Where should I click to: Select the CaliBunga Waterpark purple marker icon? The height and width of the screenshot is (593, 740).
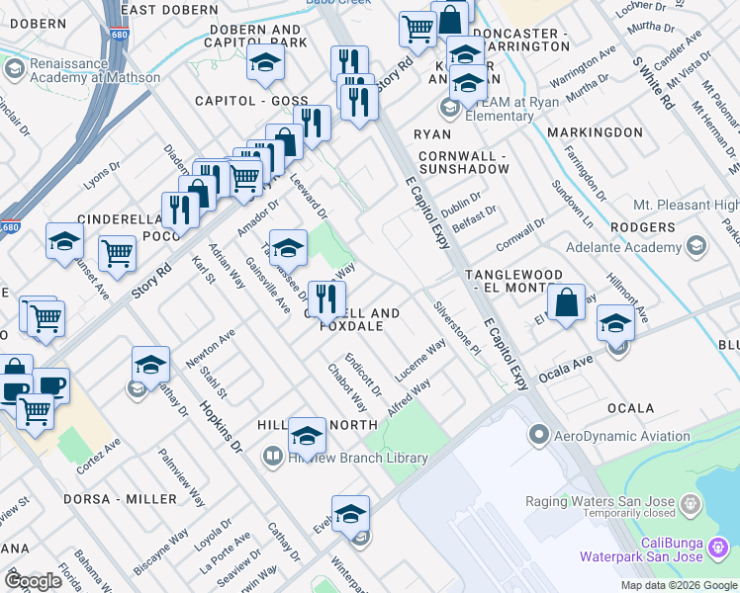[722, 545]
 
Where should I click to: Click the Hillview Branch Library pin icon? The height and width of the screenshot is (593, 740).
[272, 458]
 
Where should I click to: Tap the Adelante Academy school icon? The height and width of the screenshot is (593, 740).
[696, 245]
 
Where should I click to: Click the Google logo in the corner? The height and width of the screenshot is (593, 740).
[33, 581]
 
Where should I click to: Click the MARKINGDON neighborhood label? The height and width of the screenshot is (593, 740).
[596, 132]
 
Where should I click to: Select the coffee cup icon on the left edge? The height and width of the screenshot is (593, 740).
[49, 385]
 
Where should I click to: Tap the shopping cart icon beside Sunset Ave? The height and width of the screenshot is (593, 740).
[118, 254]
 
